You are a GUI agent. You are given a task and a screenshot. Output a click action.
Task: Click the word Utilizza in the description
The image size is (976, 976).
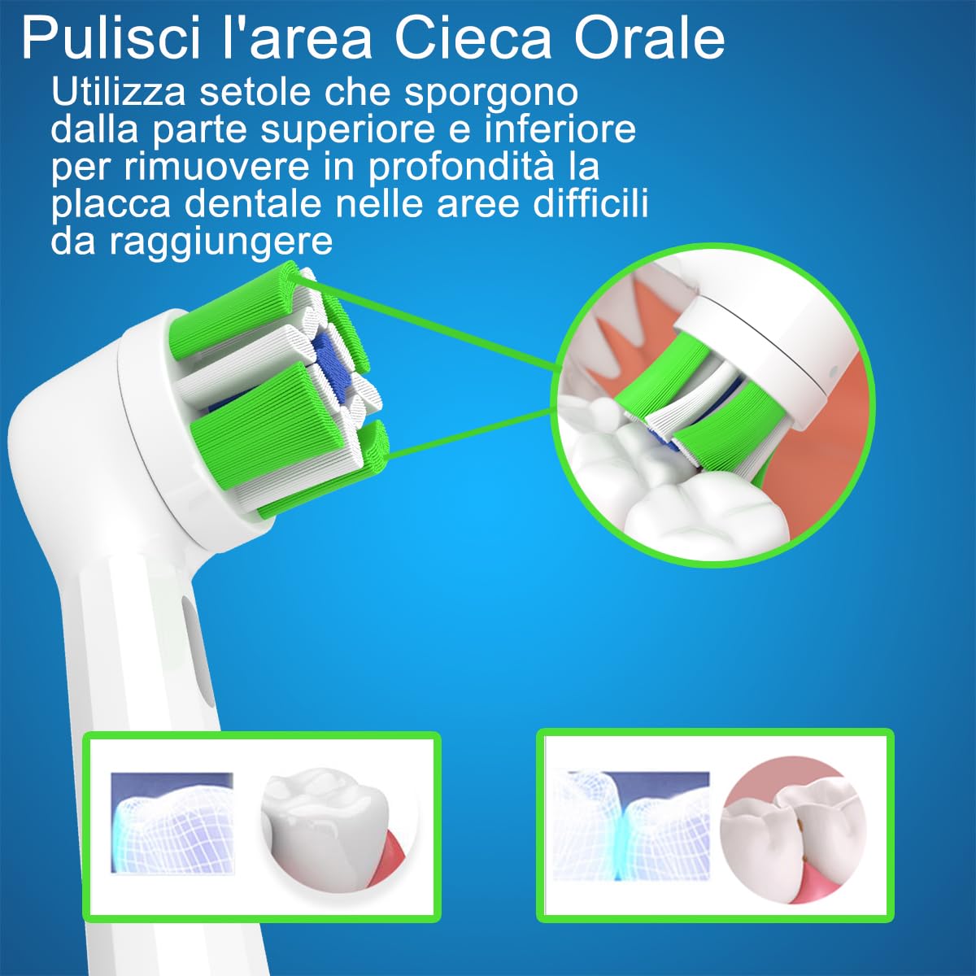(x=119, y=93)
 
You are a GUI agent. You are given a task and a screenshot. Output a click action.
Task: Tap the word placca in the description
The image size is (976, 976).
(x=111, y=203)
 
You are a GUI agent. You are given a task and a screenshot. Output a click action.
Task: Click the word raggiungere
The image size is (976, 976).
(x=220, y=242)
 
